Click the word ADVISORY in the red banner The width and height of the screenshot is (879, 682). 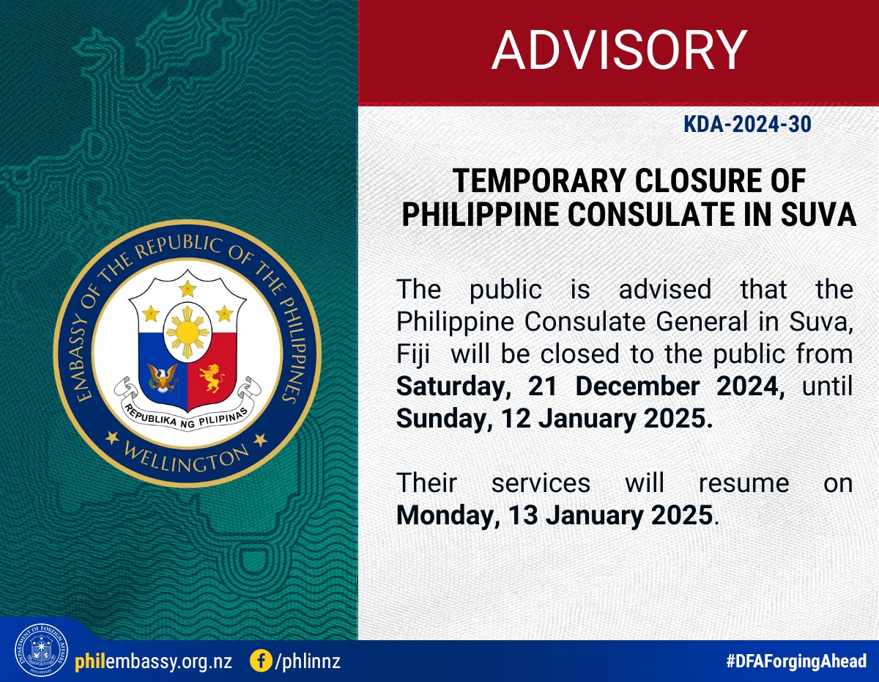click(x=619, y=50)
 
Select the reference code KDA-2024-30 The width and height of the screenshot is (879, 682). click(x=747, y=124)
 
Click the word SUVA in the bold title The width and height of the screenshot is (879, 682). click(x=818, y=214)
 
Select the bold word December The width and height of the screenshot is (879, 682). click(x=637, y=386)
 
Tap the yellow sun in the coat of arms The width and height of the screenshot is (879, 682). click(x=188, y=332)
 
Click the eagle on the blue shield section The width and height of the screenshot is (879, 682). click(x=163, y=378)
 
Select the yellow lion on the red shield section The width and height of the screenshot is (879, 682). click(x=212, y=378)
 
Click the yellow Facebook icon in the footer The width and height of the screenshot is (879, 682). click(x=261, y=661)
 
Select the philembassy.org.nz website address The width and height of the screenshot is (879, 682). click(x=154, y=661)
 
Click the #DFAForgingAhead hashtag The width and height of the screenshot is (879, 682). click(x=796, y=661)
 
